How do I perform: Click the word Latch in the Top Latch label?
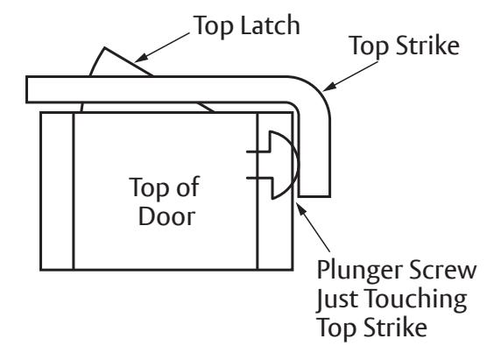pos(271,25)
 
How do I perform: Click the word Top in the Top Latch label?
pos(213,27)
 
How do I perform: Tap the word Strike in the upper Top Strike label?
pos(427,46)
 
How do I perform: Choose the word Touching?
pos(416,300)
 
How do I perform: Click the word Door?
pos(166,216)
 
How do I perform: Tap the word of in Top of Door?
pos(188,187)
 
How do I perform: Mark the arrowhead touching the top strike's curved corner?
pos(329,86)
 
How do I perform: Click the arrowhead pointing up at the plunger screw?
pos(300,208)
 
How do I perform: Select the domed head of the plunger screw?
pos(285,166)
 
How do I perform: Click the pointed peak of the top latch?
pos(104,48)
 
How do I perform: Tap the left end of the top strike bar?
pos(27,89)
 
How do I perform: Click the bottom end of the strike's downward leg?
pos(314,196)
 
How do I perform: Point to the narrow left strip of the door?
pos(57,191)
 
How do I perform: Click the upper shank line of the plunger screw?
pos(258,152)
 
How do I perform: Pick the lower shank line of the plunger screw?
pos(259,178)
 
